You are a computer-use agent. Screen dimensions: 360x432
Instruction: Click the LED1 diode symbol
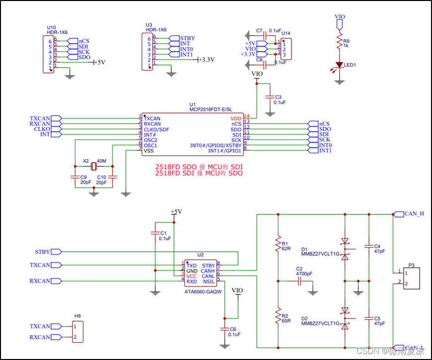[340, 65]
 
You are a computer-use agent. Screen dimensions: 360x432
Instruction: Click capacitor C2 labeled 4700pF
[300, 281]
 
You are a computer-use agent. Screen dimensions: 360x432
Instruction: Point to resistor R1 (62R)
[277, 245]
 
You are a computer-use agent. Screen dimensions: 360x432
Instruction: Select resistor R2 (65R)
[277, 316]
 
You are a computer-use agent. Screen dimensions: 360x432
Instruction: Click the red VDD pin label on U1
[236, 119]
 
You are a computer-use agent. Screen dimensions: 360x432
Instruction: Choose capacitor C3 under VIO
[270, 97]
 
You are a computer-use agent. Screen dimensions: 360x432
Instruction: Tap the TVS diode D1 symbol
[345, 248]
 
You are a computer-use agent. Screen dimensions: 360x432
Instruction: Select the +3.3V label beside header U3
[206, 60]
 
